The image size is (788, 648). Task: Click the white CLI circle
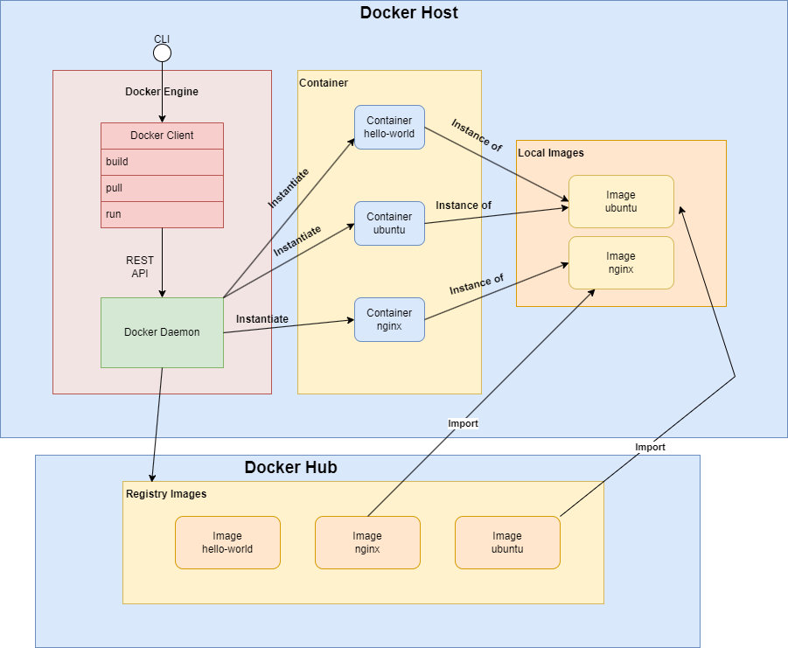(162, 53)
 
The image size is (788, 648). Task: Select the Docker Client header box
(162, 136)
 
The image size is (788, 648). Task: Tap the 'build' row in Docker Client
(162, 162)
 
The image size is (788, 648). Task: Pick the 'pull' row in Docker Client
(162, 188)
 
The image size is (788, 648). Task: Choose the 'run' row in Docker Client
(162, 214)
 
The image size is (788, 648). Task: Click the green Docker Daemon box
(162, 332)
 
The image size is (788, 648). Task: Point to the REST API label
(140, 267)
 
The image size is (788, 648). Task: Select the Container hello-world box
(389, 128)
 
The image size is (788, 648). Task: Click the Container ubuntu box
(389, 223)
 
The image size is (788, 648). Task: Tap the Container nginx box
(389, 319)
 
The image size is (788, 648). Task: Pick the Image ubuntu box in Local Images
(621, 201)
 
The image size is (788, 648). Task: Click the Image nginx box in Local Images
(621, 262)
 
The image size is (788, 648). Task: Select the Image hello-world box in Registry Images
(227, 542)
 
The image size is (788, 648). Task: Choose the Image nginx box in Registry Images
(367, 542)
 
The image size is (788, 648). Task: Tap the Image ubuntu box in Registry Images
(507, 542)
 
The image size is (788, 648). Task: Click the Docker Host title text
(408, 13)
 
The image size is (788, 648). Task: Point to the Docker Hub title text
(290, 468)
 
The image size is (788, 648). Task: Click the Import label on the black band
(650, 447)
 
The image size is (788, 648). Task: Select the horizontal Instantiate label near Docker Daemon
(262, 319)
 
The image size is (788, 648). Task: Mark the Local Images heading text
(551, 153)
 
